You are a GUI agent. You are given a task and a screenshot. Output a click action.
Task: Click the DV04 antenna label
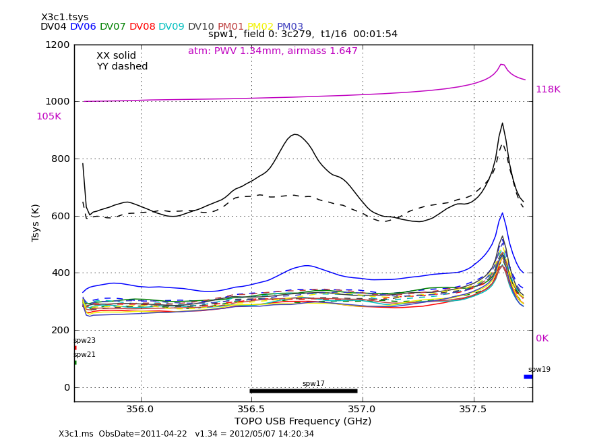pos(53,27)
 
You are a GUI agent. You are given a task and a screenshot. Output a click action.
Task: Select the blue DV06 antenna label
pos(83,27)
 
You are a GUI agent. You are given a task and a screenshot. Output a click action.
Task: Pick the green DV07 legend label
pos(113,27)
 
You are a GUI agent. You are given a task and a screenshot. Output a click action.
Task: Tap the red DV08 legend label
pos(142,27)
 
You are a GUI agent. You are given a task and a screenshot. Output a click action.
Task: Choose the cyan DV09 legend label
pos(171,27)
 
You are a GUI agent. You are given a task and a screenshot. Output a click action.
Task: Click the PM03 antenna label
pos(290,27)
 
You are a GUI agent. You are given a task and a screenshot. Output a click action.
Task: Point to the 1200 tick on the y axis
pos(57,45)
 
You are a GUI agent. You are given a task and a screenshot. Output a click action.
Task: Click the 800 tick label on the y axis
pos(59,159)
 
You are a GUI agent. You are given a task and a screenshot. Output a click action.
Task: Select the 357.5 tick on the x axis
pos(473,409)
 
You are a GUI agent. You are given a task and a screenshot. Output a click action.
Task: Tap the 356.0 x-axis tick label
pos(140,409)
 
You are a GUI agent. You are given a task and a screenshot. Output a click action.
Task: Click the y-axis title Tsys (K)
pos(36,223)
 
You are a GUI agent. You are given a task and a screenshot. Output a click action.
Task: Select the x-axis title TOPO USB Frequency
pos(303,422)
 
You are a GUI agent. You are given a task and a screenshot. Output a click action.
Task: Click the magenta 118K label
pos(548,90)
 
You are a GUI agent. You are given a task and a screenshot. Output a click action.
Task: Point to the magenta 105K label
pos(49,117)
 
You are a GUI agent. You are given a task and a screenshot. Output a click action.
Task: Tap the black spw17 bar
pos(303,391)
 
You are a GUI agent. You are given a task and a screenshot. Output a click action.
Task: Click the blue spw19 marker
pos(528,377)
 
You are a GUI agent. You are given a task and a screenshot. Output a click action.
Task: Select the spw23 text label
pos(84,341)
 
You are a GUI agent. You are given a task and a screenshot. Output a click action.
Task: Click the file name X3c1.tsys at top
pos(65,17)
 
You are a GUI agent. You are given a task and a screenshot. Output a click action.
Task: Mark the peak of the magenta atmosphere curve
pos(501,64)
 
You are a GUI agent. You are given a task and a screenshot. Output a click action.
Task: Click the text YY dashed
pos(122,67)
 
